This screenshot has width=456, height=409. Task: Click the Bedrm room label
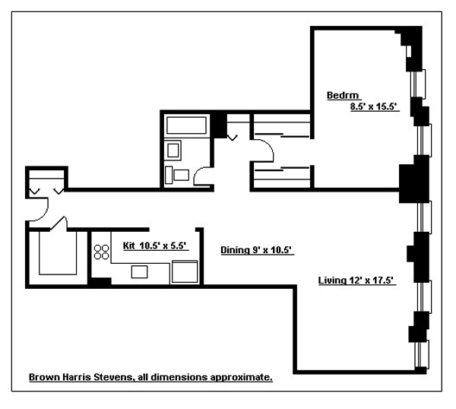coord(339,95)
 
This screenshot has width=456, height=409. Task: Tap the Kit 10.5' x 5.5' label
coord(154,246)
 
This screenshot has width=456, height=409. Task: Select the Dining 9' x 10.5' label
coord(257,249)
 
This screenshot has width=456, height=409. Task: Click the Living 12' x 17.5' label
coord(356,281)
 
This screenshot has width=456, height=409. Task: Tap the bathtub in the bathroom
coord(185,125)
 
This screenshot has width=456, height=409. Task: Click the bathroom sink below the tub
coord(174,150)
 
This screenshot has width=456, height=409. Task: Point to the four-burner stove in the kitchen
coord(101,252)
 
